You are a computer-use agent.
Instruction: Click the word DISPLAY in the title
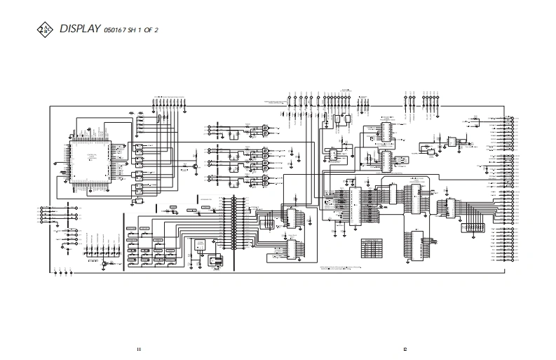80,29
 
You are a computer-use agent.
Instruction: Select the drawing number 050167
115,30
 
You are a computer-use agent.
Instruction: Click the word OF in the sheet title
155,30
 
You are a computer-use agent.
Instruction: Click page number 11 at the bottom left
139,349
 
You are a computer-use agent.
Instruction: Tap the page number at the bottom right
405,349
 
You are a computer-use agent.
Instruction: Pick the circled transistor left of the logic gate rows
194,166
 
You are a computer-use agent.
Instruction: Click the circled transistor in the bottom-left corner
104,263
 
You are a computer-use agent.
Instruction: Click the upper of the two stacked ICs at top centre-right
386,131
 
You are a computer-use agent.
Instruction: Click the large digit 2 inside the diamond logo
43,29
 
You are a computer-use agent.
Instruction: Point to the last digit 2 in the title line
165,30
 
